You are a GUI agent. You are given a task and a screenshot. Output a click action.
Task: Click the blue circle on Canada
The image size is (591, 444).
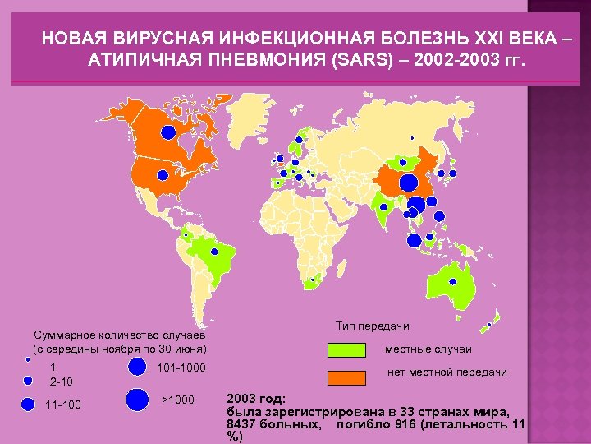[167, 132]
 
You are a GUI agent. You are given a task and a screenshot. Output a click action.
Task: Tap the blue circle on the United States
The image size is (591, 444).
[163, 175]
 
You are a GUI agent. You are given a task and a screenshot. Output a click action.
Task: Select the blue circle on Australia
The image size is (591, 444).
[452, 281]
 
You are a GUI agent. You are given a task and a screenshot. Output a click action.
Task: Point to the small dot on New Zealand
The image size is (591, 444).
[490, 324]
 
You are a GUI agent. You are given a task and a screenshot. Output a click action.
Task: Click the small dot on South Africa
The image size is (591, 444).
[312, 280]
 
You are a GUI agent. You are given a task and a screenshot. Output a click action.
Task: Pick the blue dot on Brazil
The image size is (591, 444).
[215, 252]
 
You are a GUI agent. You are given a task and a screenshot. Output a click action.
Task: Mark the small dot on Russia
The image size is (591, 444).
[412, 138]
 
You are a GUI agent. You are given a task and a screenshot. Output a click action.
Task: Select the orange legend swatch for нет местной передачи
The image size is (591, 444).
[351, 377]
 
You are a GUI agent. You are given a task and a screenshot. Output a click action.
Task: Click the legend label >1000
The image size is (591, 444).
[179, 400]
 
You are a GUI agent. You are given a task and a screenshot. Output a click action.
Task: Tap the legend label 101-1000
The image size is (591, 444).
[181, 367]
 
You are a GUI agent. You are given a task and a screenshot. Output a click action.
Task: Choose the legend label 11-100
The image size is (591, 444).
[63, 404]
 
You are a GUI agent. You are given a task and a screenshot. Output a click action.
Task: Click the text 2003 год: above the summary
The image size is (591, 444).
[255, 396]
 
